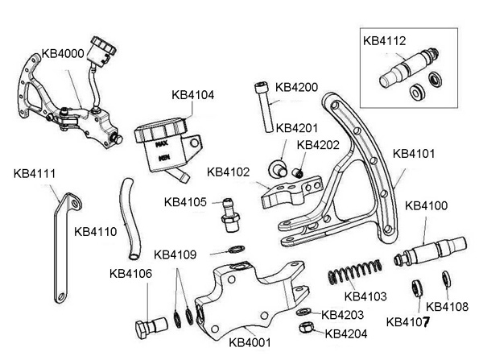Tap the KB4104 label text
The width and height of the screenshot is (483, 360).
193,94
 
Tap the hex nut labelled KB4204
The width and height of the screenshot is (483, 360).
306,329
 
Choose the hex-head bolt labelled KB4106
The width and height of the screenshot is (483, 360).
152,325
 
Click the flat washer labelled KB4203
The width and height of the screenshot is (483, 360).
301,311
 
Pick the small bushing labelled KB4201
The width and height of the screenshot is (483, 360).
279,168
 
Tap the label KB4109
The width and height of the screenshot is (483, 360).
175,254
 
